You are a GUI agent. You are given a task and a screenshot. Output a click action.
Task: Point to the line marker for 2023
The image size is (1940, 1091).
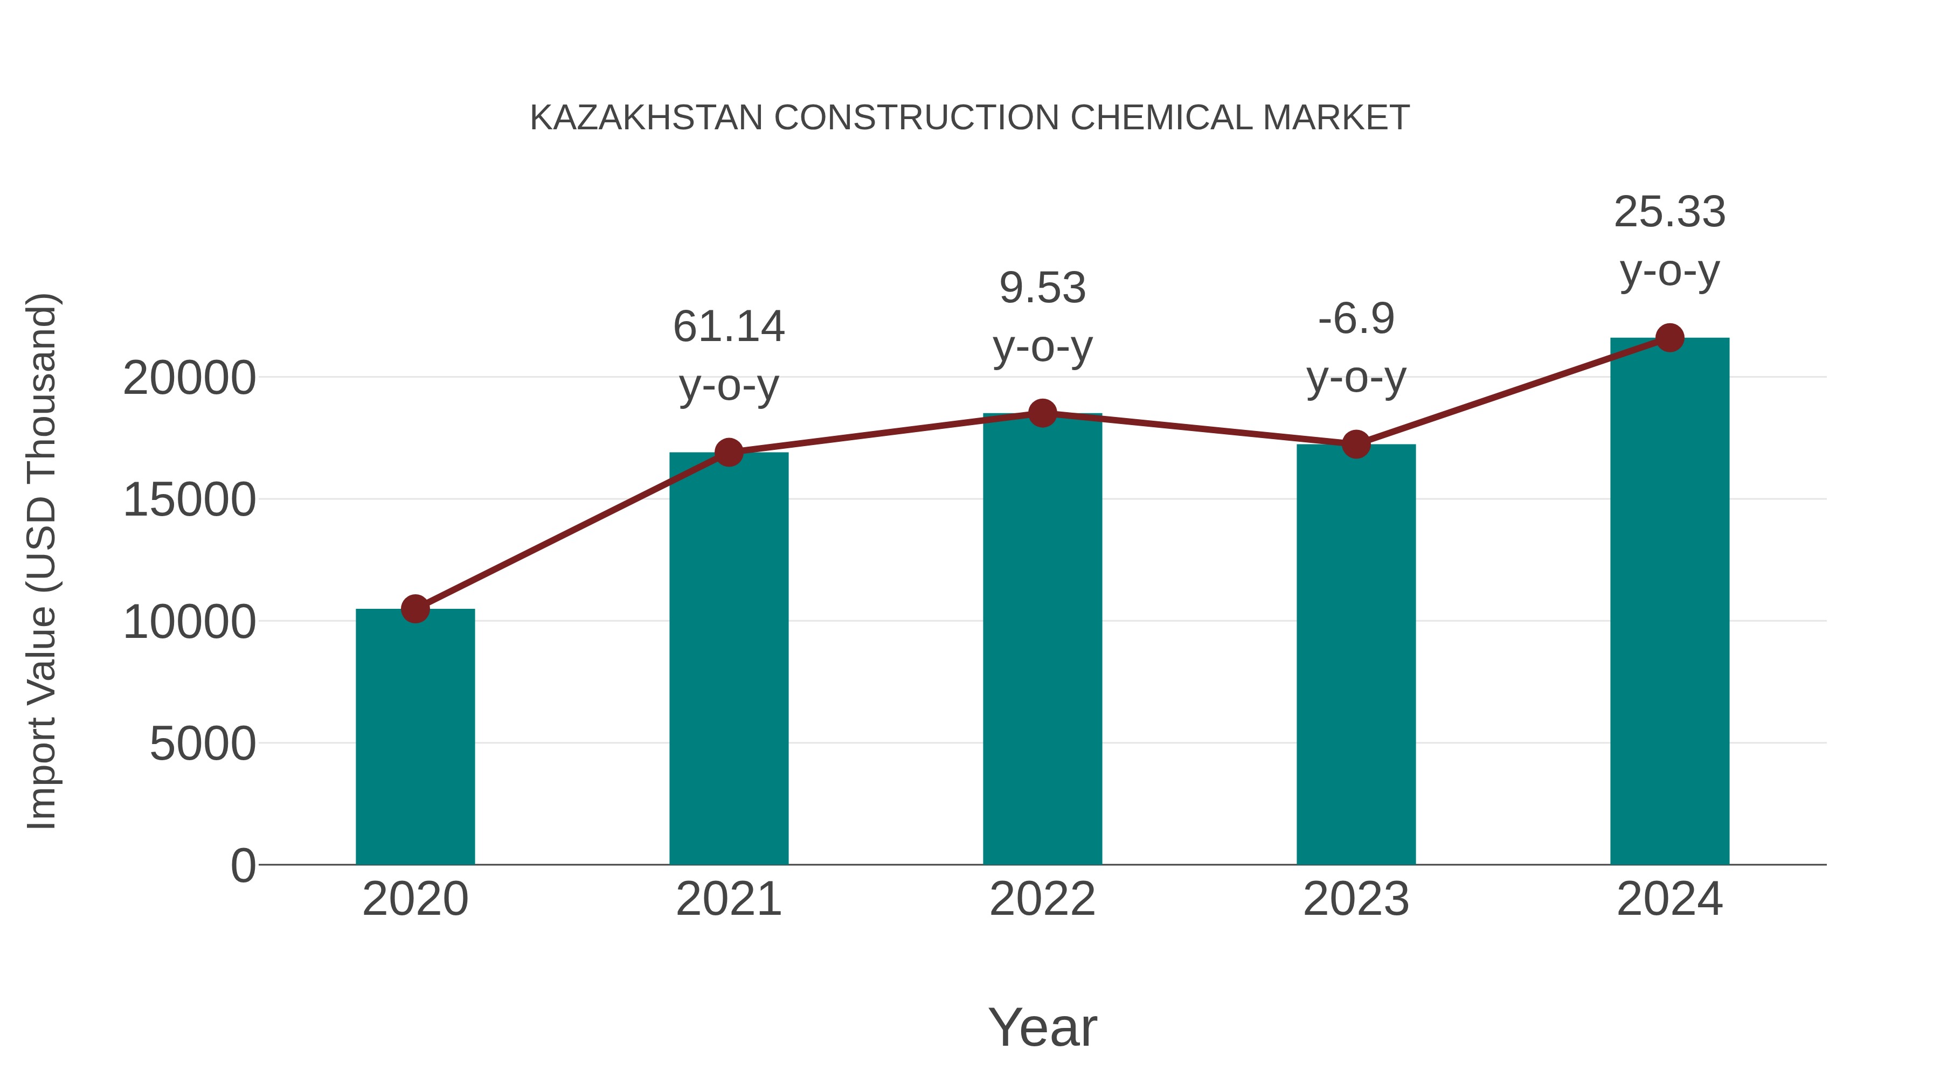coord(1356,444)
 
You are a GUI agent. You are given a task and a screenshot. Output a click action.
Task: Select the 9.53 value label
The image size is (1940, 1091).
coord(1042,288)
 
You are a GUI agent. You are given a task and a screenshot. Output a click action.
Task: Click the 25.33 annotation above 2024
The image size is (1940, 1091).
coord(1669,212)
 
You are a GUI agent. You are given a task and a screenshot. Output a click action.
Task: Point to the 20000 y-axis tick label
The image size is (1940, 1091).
coord(189,378)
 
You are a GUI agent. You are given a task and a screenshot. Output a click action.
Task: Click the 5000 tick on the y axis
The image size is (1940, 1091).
coord(203,744)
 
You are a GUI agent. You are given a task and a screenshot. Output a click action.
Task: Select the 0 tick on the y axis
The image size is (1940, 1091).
coord(243,865)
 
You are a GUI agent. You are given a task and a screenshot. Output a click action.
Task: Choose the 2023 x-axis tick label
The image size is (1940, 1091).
coord(1356,899)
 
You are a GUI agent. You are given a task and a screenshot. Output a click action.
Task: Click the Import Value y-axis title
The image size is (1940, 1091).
coord(41,561)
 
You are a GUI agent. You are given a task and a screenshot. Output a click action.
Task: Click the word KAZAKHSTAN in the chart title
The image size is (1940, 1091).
coord(646,118)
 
